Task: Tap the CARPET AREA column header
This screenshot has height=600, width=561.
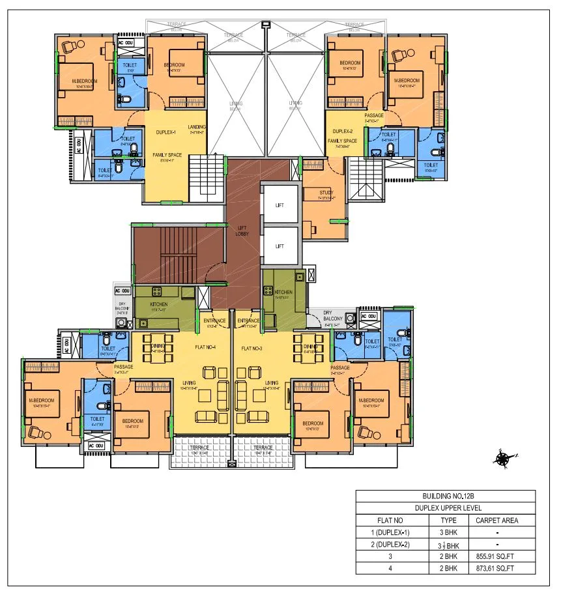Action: [496, 521]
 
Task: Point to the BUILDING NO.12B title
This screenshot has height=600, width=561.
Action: [445, 496]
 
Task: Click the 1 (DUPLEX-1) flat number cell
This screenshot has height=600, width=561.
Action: [393, 532]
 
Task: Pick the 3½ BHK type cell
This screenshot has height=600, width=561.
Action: [448, 544]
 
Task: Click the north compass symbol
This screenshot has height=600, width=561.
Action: [502, 459]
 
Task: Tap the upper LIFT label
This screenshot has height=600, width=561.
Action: [280, 205]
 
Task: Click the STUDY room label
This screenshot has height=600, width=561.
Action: [326, 192]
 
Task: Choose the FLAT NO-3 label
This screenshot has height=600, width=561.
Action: [255, 349]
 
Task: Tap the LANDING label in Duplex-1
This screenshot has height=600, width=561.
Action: [197, 127]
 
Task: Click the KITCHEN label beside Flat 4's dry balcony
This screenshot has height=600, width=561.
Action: [159, 304]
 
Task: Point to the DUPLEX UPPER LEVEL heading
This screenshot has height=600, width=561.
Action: [445, 508]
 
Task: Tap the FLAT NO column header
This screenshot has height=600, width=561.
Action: [393, 521]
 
